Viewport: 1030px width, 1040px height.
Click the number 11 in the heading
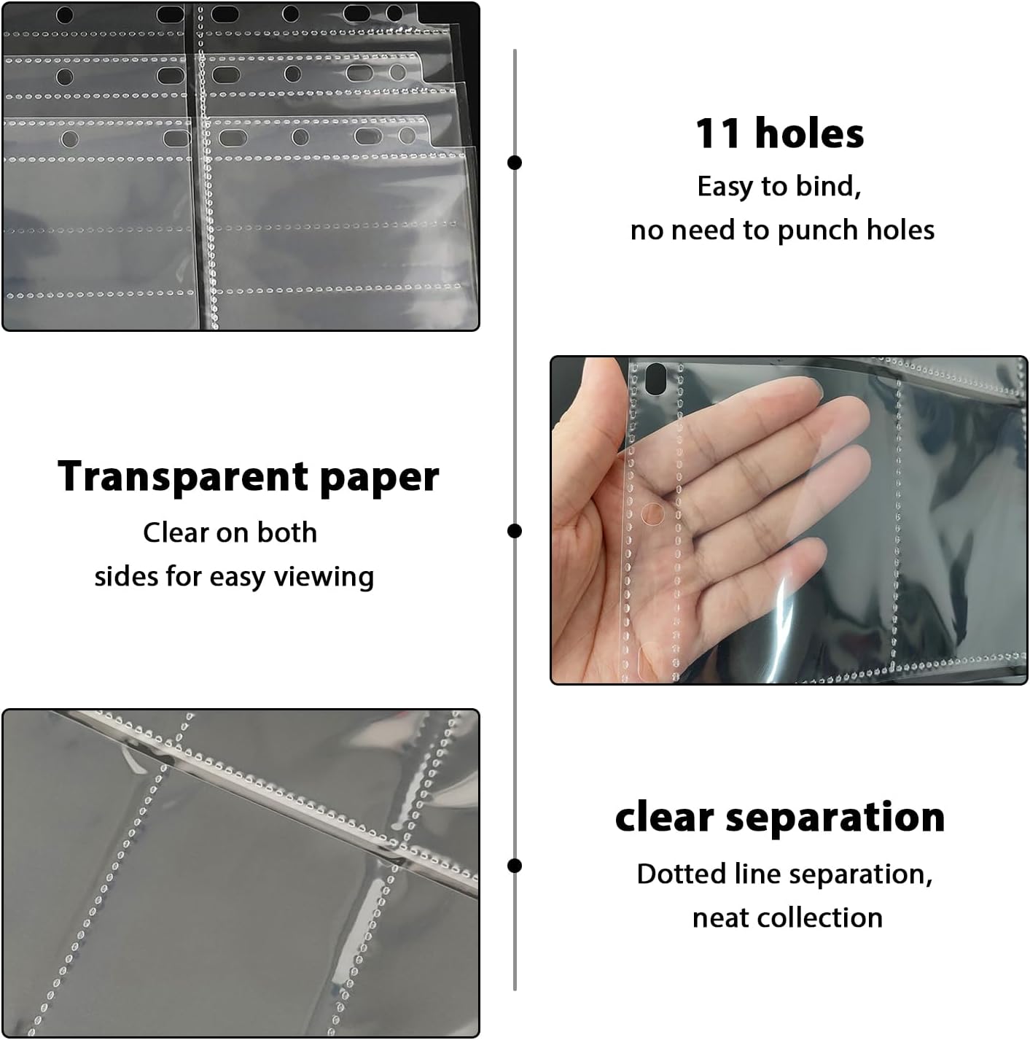click(718, 133)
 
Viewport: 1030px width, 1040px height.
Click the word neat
click(720, 918)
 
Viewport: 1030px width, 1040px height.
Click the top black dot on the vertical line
click(515, 162)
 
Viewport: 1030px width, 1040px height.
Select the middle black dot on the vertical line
click(515, 531)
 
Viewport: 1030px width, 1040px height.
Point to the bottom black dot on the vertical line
click(515, 866)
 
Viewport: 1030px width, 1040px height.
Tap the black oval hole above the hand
click(655, 379)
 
